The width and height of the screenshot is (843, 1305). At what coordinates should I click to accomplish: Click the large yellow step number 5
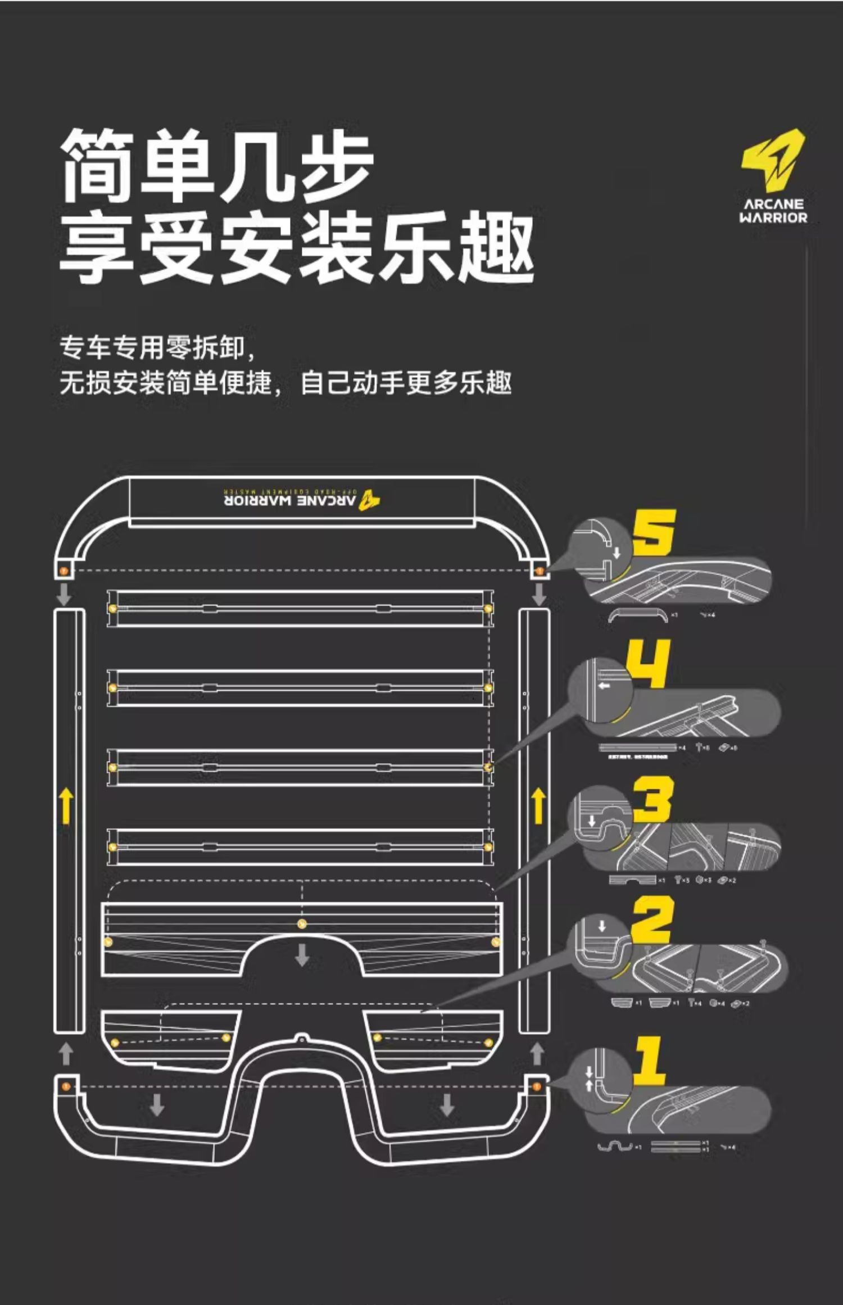point(654,532)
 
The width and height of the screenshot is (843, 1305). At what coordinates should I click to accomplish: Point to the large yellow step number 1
point(650,1061)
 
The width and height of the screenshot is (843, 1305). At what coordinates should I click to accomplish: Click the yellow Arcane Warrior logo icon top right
point(773,160)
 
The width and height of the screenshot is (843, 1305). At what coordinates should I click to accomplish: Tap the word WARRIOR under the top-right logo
point(773,218)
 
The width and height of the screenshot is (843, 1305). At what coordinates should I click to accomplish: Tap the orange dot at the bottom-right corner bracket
point(537,1086)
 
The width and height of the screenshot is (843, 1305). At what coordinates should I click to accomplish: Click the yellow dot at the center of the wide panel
point(302,923)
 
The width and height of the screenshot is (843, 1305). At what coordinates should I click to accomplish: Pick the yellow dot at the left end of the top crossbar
point(112,609)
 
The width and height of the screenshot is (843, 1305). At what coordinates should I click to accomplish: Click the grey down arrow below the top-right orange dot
point(539,595)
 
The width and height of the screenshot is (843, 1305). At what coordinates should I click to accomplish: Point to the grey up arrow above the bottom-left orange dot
point(66,1053)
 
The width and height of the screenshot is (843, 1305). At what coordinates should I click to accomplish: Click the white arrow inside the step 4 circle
point(604,686)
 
